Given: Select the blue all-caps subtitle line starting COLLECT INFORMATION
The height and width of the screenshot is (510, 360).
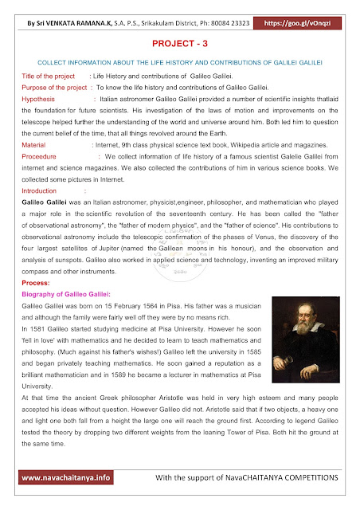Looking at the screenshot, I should click(x=179, y=62).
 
